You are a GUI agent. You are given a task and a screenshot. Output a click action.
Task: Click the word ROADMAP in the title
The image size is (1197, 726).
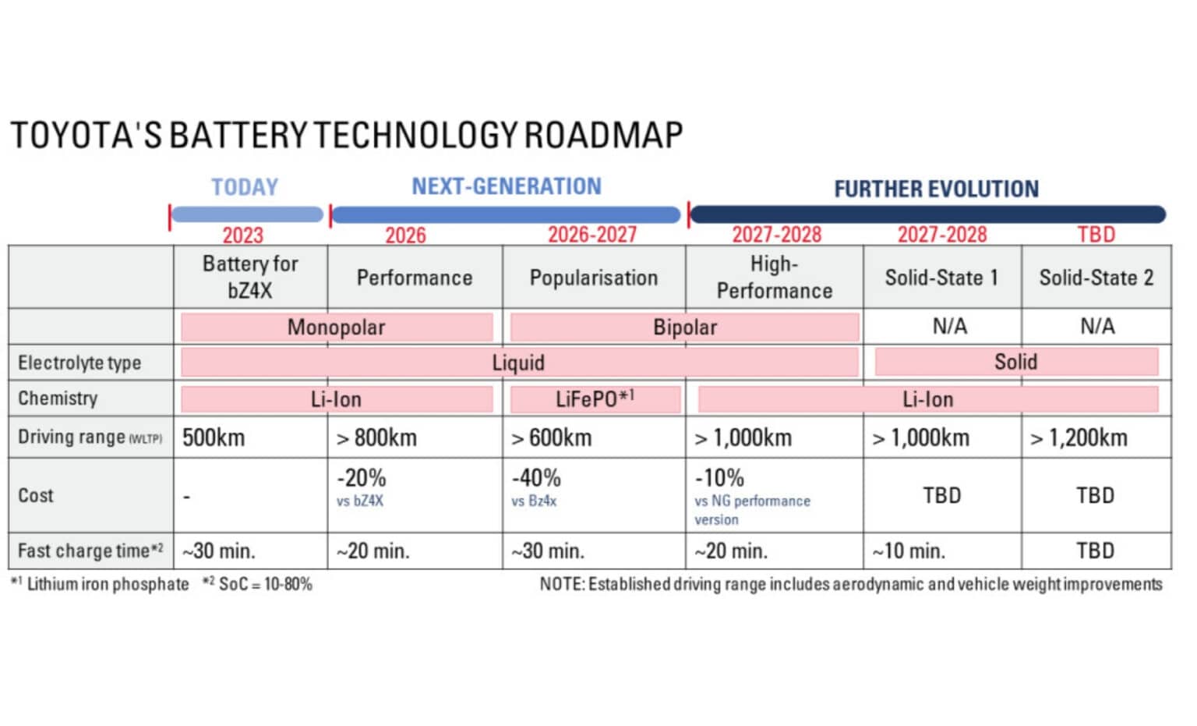point(603,135)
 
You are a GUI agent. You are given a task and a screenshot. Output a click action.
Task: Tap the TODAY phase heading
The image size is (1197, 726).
point(245,187)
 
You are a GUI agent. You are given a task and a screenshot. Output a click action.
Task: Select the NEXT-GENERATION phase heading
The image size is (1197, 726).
point(507,186)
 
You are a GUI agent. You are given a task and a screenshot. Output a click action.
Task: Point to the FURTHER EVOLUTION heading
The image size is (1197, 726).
point(937,189)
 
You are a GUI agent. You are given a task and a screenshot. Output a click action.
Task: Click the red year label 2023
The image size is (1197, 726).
point(243,236)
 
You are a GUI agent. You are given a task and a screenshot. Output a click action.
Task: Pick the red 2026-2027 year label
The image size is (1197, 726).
point(592,235)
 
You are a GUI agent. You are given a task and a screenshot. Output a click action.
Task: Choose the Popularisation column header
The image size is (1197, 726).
point(594,278)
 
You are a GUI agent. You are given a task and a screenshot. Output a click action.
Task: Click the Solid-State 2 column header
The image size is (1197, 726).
point(1096,278)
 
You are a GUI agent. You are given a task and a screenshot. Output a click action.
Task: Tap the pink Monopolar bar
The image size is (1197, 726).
point(337,328)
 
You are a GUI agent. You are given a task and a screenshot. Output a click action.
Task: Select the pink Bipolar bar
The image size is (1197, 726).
point(684,328)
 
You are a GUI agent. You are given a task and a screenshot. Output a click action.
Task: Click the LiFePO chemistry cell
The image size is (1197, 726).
point(595,398)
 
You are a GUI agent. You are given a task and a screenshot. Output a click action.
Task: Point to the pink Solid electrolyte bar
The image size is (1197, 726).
point(1016,362)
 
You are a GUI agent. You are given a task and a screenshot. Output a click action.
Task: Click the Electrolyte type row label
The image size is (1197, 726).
point(79,363)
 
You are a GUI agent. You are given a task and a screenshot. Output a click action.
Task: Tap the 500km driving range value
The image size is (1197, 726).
point(214,437)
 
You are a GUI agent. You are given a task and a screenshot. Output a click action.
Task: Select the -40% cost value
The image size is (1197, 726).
point(536,477)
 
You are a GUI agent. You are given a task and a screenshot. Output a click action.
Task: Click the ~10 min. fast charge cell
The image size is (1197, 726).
point(909,551)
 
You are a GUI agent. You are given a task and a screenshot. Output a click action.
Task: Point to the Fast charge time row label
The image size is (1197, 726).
point(90,551)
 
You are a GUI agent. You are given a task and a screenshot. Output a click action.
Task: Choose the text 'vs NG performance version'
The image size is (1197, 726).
point(752,510)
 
